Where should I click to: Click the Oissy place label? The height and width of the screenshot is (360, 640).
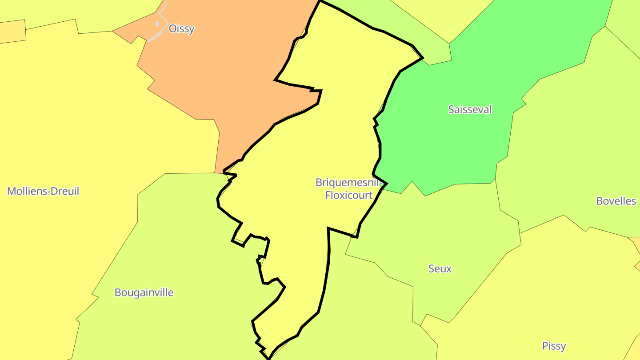181,29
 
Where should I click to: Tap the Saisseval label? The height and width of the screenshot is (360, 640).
470,109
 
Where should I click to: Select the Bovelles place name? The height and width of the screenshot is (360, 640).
616,201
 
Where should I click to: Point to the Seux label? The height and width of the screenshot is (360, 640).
440,268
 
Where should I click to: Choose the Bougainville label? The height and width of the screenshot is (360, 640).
144,292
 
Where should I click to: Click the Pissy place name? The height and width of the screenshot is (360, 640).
554,346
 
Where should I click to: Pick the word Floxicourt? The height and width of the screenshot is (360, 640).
349,195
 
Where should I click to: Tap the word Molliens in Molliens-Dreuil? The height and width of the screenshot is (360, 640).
27,191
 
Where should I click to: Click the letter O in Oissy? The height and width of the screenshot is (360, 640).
172,29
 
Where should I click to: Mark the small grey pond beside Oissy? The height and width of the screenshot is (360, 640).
157,24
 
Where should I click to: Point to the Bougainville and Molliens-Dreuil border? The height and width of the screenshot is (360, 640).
115,258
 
